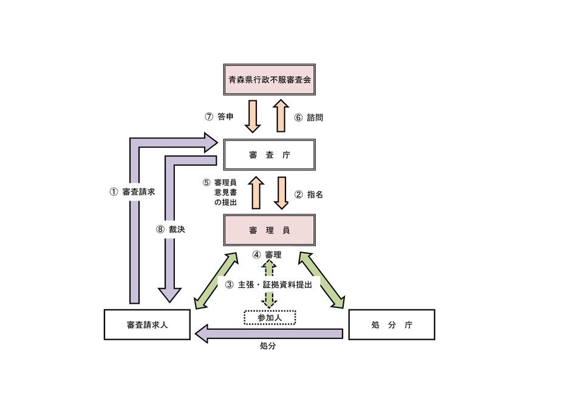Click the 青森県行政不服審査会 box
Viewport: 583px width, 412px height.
269,79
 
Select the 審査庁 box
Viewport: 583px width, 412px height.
269,155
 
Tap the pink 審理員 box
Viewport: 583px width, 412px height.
269,230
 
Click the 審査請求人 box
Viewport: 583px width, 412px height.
147,324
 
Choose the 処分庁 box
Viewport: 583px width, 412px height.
391,324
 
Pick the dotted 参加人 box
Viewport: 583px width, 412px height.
269,318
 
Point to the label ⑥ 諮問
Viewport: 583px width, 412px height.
309,117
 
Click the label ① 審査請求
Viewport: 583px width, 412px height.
132,191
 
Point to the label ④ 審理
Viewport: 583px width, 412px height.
266,255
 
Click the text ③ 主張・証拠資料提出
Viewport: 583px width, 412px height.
268,284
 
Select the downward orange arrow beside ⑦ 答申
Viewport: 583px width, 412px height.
253,117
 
